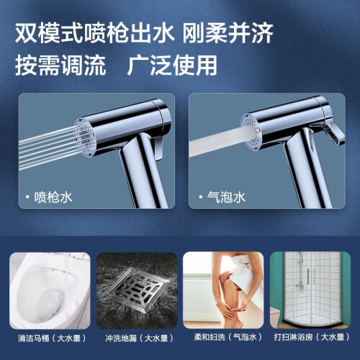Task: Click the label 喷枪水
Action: point(53,197)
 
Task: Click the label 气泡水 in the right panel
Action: point(226,197)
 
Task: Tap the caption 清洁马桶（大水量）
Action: point(52,338)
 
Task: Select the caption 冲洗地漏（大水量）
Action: point(139,338)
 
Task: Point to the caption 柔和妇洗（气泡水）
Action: point(228,337)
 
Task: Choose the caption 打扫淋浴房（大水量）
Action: point(312,337)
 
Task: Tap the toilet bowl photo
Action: point(50,290)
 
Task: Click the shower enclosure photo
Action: point(310,290)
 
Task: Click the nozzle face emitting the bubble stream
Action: point(251,130)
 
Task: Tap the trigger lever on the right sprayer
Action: point(333,133)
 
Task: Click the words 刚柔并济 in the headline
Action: point(228,33)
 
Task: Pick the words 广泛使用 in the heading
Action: point(172,65)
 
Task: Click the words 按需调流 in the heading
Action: point(60,65)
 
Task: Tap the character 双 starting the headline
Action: point(27,33)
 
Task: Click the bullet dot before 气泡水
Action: point(201,197)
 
